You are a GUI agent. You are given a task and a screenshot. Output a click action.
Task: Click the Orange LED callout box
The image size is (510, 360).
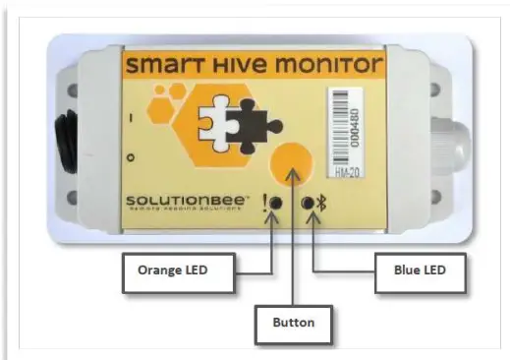coord(173,269)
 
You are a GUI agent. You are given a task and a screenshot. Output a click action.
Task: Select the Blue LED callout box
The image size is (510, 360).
coord(414,269)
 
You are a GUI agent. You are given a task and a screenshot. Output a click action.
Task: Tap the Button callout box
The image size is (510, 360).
coord(294,320)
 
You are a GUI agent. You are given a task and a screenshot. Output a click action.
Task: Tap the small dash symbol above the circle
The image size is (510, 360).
coord(129,120)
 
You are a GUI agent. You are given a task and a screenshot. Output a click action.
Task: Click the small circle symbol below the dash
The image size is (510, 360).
coord(129,157)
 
